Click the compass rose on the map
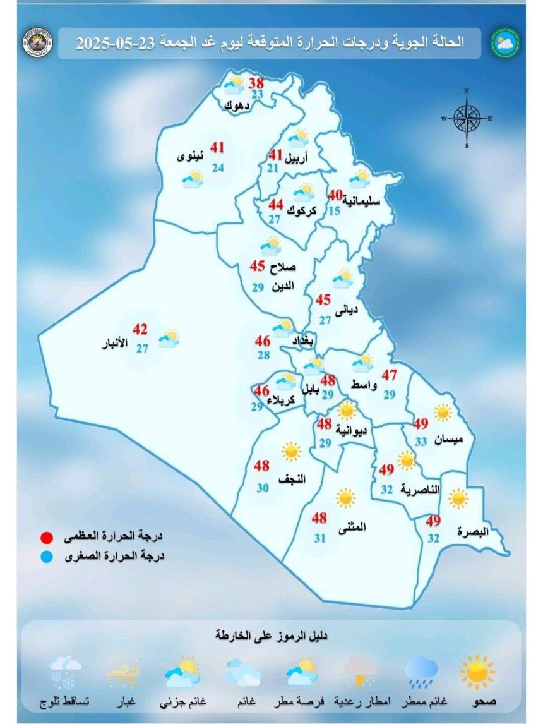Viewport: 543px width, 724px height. pos(467,118)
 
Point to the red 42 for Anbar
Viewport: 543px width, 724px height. pos(140,330)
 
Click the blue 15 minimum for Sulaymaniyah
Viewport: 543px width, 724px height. pos(334,211)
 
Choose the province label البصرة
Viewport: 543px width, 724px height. pos(474,532)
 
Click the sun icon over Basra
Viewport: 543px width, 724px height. pos(458,498)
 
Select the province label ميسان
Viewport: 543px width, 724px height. pos(450,438)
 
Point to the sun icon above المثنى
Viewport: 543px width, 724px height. pos(345,498)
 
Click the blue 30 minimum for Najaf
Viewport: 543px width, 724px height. pos(263,488)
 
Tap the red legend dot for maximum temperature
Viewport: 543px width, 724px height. pos(45,538)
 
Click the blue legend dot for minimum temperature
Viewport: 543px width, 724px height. pos(45,557)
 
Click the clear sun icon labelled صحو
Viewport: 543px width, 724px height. pos(478,671)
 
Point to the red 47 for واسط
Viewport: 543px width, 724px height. pos(389,375)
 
